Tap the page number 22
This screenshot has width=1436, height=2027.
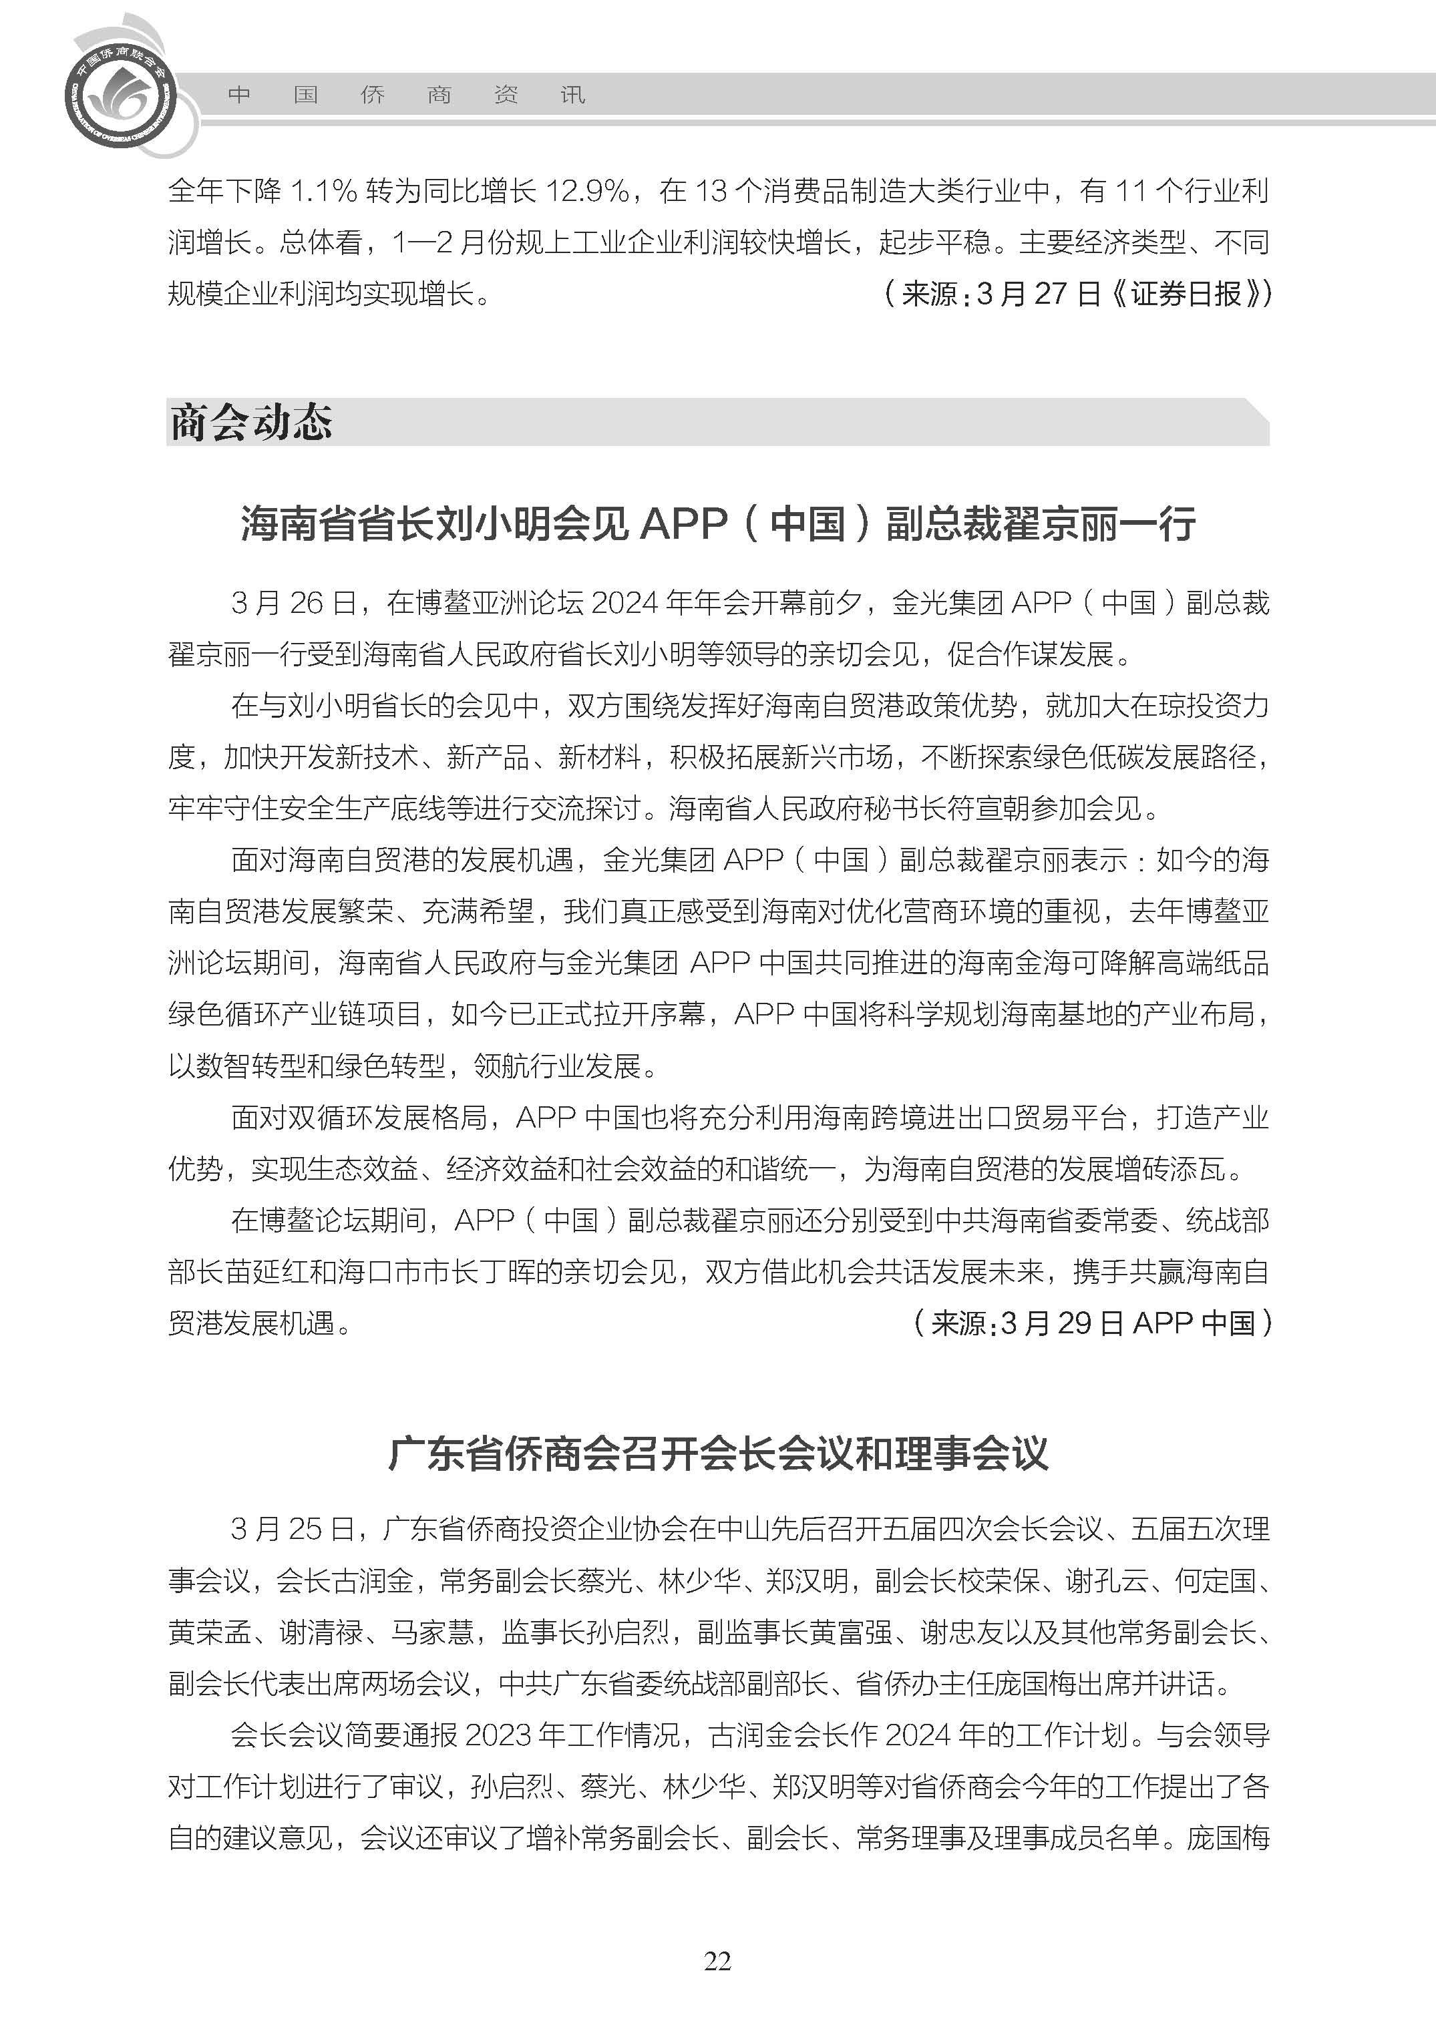717,1961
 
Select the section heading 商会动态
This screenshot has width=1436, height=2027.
251,423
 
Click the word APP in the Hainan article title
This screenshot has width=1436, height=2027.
678,523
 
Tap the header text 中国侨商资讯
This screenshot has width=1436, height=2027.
407,95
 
